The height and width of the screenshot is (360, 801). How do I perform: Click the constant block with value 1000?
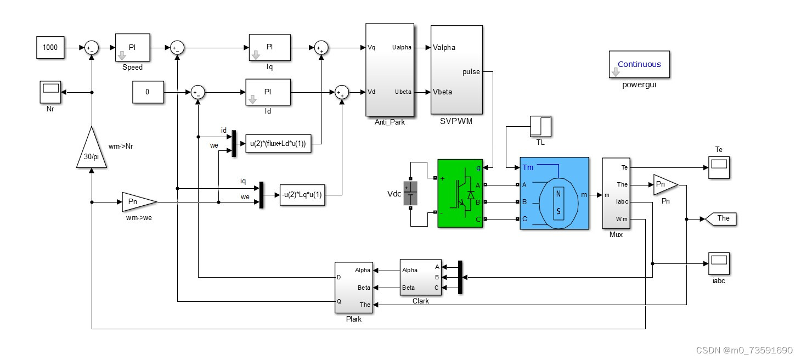click(50, 48)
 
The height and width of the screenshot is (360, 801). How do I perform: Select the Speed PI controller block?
click(132, 48)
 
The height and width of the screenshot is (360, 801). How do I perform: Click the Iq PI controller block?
click(269, 48)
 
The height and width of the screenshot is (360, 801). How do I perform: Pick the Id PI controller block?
click(268, 92)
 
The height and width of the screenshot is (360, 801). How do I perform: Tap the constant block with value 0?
click(147, 92)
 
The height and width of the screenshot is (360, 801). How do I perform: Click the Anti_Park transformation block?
click(390, 70)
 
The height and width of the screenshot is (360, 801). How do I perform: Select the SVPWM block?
click(456, 70)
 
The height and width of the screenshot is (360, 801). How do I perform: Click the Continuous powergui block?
click(639, 65)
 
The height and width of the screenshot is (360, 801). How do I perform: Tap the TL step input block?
click(540, 127)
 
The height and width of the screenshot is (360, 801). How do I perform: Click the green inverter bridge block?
click(460, 193)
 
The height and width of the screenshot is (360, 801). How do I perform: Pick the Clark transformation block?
click(420, 278)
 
